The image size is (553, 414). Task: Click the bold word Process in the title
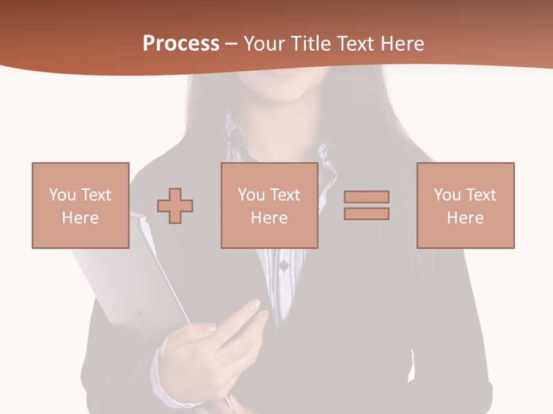pyautogui.click(x=181, y=44)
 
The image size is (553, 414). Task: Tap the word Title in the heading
pyautogui.click(x=312, y=44)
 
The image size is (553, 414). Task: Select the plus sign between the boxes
pyautogui.click(x=175, y=205)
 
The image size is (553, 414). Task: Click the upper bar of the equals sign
pyautogui.click(x=366, y=197)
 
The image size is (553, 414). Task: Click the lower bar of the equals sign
pyautogui.click(x=366, y=214)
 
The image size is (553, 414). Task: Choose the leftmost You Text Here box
pyautogui.click(x=81, y=205)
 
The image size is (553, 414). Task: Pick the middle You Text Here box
pyautogui.click(x=269, y=205)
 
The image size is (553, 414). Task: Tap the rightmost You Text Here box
pyautogui.click(x=465, y=205)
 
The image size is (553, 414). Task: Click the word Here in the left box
pyautogui.click(x=81, y=218)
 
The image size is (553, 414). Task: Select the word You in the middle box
pyautogui.click(x=251, y=195)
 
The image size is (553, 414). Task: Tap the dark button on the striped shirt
pyautogui.click(x=283, y=265)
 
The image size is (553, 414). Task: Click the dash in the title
pyautogui.click(x=231, y=44)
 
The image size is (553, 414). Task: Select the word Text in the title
pyautogui.click(x=351, y=44)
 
